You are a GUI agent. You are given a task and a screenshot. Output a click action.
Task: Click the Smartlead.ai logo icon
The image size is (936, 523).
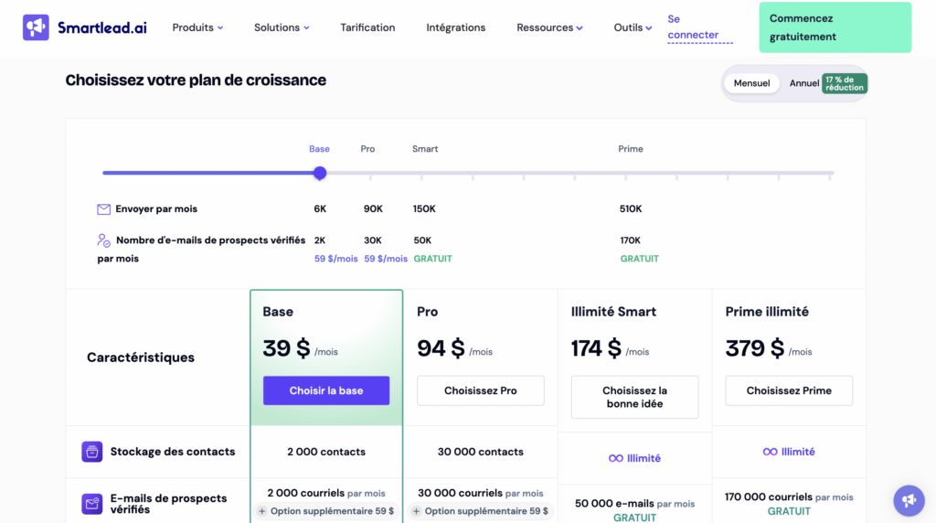point(36,27)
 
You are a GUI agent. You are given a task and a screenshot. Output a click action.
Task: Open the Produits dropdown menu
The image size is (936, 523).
point(197,27)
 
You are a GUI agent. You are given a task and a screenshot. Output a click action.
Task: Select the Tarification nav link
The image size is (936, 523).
point(367,27)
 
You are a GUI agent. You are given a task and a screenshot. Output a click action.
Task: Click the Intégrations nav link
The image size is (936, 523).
point(455,27)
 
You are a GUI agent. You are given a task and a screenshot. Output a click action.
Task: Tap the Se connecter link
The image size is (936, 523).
point(692,27)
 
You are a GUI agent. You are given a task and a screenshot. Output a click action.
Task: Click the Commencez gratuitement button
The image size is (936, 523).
point(835,27)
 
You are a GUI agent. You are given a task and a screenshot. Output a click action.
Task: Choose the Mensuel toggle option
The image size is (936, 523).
point(751,83)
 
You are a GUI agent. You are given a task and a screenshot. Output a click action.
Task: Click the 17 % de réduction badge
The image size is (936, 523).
point(844,83)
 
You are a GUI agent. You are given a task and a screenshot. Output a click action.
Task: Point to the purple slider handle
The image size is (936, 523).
point(320,173)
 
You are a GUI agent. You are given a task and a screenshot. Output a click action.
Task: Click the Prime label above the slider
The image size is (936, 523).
point(631,149)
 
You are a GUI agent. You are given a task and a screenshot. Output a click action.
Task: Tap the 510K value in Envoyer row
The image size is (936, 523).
point(631,209)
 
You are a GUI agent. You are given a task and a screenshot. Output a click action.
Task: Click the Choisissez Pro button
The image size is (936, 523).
point(480,390)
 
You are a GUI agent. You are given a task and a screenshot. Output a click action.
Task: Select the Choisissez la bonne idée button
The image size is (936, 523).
point(634,397)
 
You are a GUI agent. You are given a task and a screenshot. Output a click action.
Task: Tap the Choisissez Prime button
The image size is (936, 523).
point(789,390)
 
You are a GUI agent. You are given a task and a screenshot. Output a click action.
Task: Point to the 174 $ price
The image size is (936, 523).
point(596,348)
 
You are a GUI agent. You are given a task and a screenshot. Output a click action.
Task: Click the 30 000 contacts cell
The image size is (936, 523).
point(481,452)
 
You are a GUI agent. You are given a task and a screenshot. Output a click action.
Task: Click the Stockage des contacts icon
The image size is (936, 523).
point(92,452)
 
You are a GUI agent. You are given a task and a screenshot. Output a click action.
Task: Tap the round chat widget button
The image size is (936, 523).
point(909,500)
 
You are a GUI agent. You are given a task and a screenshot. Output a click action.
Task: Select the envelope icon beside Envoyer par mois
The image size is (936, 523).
point(104,209)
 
